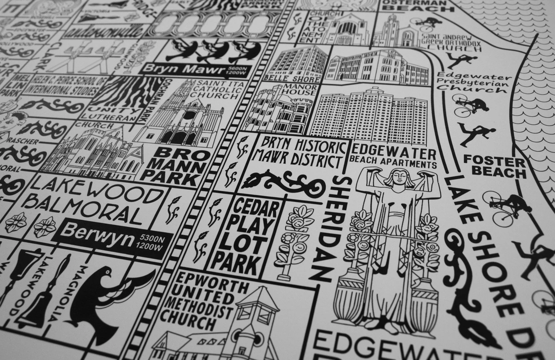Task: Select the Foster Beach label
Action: (494, 166)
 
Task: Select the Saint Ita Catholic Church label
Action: (212, 90)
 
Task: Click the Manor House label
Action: (300, 89)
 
